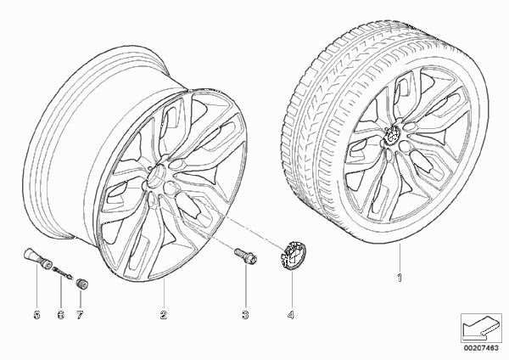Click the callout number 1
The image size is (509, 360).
[x=400, y=278]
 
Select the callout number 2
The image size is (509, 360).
[x=163, y=314]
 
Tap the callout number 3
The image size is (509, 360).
[x=245, y=314]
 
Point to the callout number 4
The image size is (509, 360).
[x=291, y=314]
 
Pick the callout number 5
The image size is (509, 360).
[x=36, y=314]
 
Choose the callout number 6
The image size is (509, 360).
[x=61, y=314]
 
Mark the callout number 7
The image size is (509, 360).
[x=80, y=314]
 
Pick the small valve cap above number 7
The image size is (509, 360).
[x=82, y=283]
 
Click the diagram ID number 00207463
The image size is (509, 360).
[x=481, y=348]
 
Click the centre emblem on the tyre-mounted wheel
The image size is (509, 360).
[x=392, y=134]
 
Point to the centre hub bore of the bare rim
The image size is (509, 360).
[x=155, y=176]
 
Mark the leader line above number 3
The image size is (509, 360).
[x=246, y=286]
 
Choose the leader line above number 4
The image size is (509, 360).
[x=291, y=289]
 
